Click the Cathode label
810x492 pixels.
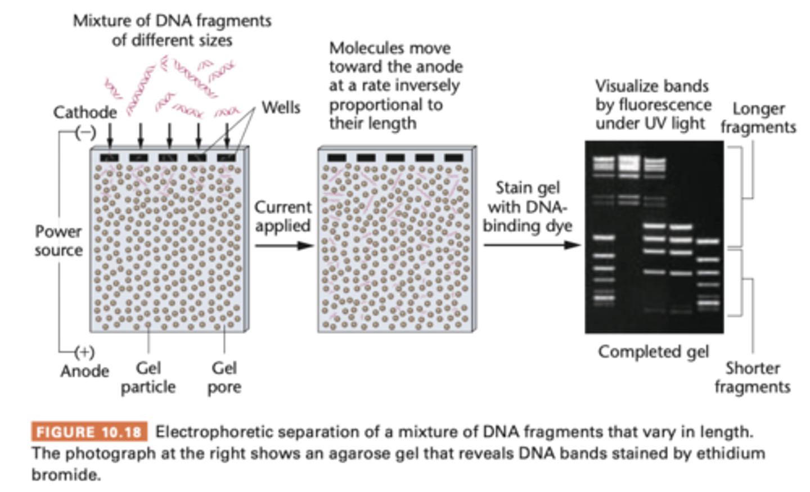pyautogui.click(x=85, y=112)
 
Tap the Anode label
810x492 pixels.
pyautogui.click(x=85, y=371)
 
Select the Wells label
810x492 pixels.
pyautogui.click(x=281, y=107)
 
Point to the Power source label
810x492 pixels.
pyautogui.click(x=58, y=241)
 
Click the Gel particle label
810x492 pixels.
pyautogui.click(x=148, y=377)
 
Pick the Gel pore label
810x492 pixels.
pyautogui.click(x=224, y=377)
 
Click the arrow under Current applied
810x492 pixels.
pyautogui.click(x=283, y=246)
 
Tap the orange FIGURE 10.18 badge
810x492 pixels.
pyautogui.click(x=89, y=432)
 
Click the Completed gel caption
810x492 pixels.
pyautogui.click(x=653, y=352)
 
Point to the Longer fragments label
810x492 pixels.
pyautogui.click(x=758, y=118)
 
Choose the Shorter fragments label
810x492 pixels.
pyautogui.click(x=752, y=377)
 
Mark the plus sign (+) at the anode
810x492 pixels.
pyautogui.click(x=84, y=352)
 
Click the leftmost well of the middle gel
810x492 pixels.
pyautogui.click(x=337, y=158)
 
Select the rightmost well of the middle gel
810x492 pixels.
pyautogui.click(x=453, y=158)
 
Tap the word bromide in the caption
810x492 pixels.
pyautogui.click(x=66, y=475)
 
